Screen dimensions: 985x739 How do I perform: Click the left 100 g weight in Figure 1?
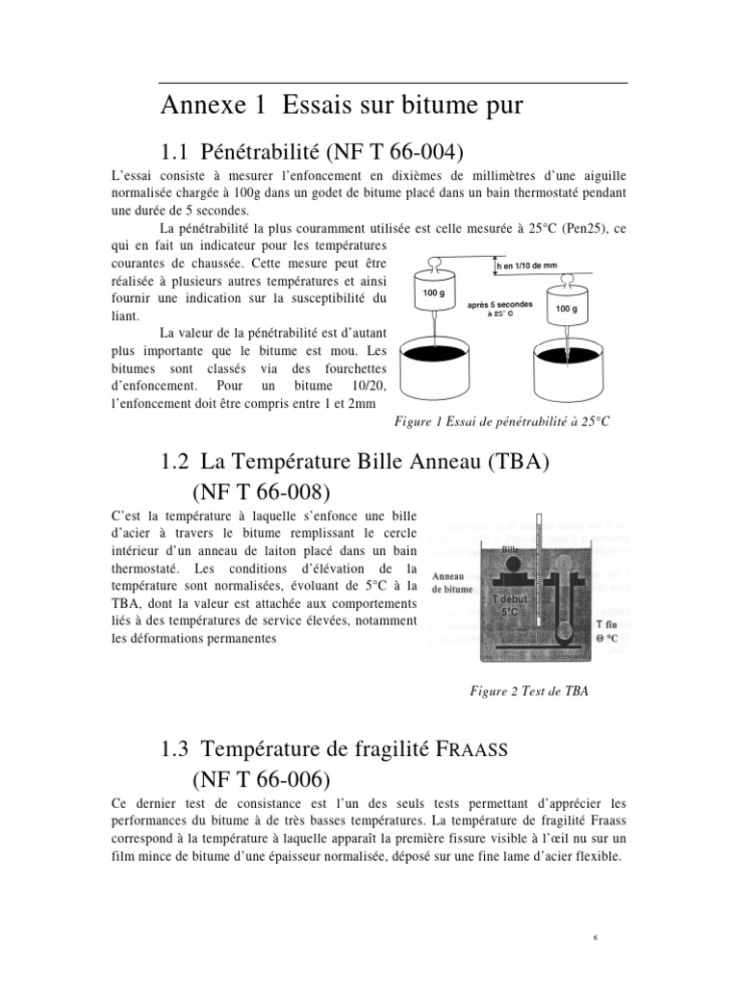pos(434,291)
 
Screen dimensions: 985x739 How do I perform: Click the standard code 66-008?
pos(289,492)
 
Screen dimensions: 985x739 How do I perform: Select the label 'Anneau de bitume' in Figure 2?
pos(452,582)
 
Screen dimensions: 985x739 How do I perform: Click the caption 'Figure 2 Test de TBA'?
pos(528,690)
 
